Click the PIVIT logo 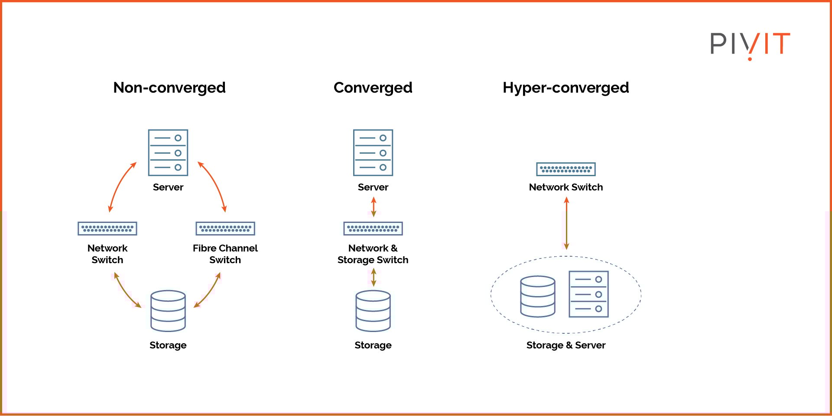(750, 45)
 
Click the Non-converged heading (169, 88)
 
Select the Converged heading (373, 88)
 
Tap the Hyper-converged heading (565, 88)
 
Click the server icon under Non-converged (168, 152)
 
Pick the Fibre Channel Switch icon (225, 229)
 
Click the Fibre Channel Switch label (225, 254)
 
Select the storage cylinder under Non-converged (168, 311)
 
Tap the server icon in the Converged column (373, 152)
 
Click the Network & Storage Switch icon (373, 229)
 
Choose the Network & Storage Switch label (373, 254)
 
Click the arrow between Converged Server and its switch (374, 207)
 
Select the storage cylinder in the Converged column (373, 311)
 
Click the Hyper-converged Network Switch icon (566, 169)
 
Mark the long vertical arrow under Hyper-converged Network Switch (566, 223)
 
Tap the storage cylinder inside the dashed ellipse (538, 297)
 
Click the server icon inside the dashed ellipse (588, 294)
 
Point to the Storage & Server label (566, 345)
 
